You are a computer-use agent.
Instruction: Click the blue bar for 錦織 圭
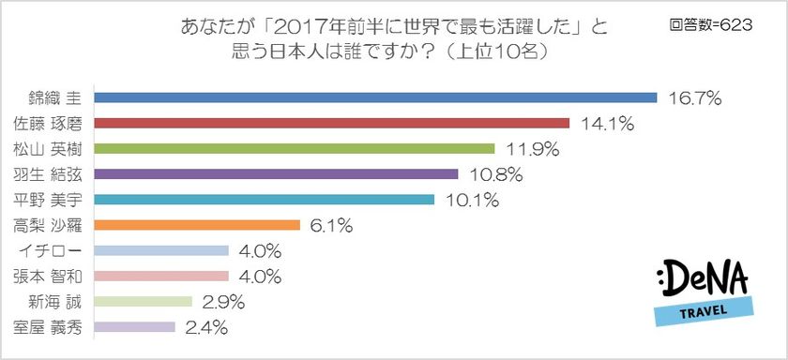tap(375, 97)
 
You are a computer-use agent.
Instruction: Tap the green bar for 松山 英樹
tap(295, 148)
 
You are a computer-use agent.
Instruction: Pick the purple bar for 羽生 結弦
tap(277, 173)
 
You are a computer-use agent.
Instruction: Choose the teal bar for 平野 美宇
tap(265, 199)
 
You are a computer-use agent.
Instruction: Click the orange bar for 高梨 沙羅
tap(197, 225)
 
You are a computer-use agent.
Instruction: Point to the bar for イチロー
tap(162, 250)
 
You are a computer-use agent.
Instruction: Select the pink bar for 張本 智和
tap(162, 277)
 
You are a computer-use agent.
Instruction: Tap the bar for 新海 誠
tap(144, 302)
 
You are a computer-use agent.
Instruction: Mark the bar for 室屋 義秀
tap(135, 327)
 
